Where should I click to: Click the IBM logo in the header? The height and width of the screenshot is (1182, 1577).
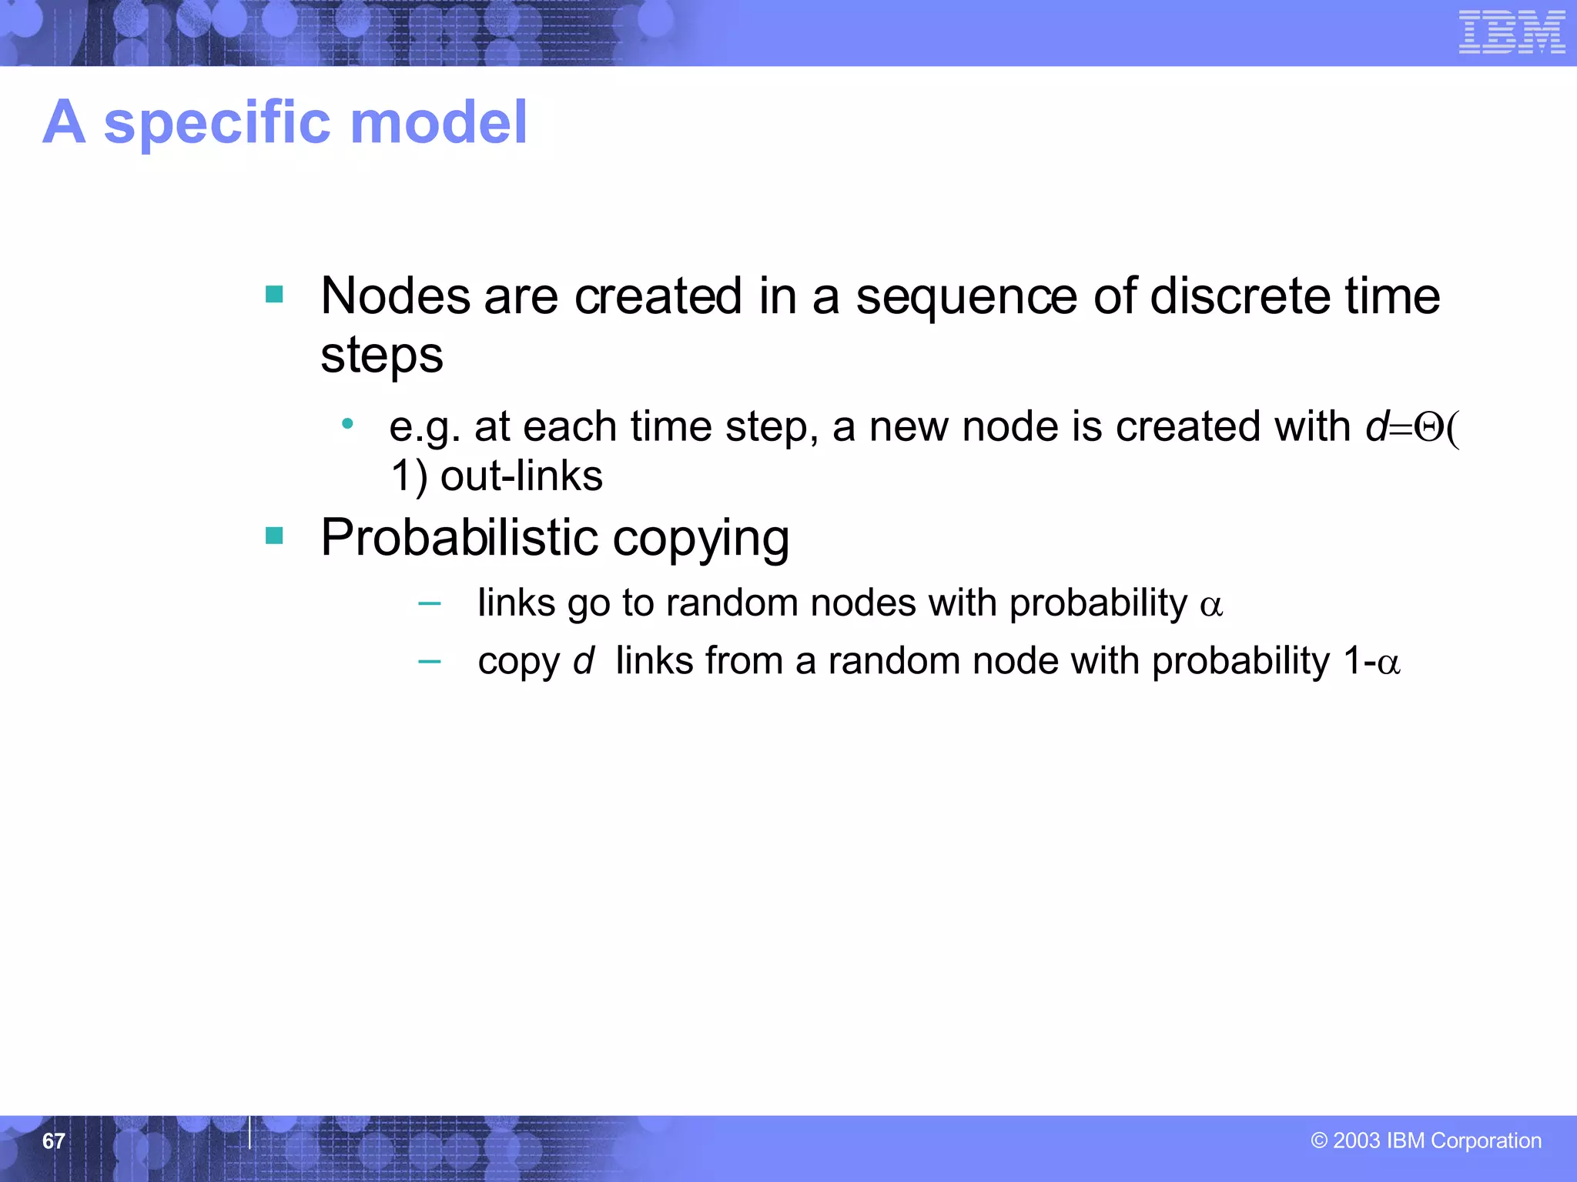[1512, 32]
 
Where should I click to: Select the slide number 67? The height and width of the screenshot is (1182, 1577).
[53, 1140]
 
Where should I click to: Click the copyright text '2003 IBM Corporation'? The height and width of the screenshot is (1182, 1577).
[1436, 1140]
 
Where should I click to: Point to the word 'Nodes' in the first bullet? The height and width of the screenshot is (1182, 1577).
[395, 296]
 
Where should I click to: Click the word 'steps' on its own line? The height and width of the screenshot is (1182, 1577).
[382, 356]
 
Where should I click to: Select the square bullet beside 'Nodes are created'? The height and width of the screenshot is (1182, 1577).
[274, 294]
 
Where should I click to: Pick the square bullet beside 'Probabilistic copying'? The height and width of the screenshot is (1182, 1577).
[274, 535]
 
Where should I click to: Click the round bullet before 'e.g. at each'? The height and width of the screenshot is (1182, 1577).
[348, 423]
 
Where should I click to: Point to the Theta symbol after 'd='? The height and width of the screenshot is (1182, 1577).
[1429, 428]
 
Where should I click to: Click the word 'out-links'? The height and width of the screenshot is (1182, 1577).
[521, 476]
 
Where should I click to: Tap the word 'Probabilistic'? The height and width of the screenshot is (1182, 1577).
[460, 537]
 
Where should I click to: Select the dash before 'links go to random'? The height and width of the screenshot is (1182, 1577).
[429, 604]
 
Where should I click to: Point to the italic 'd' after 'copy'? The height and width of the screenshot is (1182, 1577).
[584, 660]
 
